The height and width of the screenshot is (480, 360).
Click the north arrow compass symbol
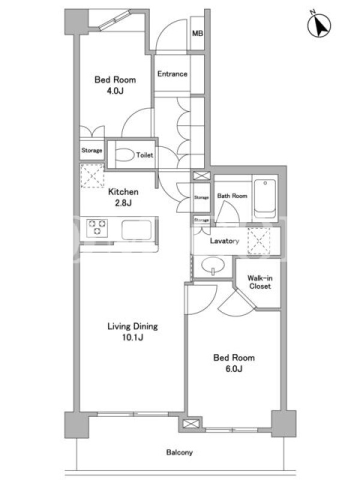319,25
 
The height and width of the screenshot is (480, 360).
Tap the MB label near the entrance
197,33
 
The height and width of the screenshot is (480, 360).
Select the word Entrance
172,74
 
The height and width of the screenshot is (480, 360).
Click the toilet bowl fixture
125,155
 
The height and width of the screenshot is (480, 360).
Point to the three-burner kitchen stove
97,228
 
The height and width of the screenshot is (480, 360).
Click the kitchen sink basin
137,230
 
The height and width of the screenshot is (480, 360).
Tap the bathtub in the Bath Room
265,199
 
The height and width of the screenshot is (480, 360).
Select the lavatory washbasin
212,266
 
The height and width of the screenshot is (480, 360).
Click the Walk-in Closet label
260,282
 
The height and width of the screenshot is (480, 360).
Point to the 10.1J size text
133,338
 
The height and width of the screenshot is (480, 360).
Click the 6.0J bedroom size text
234,369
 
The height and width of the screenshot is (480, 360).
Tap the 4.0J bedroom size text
115,91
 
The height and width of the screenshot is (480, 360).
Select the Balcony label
179,452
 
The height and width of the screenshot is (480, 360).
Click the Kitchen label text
124,192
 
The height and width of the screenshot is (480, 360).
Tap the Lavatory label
224,241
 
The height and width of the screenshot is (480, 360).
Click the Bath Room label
232,196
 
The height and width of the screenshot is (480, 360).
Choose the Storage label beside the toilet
92,151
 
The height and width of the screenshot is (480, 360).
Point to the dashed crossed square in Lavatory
259,241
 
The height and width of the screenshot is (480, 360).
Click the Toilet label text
145,155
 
